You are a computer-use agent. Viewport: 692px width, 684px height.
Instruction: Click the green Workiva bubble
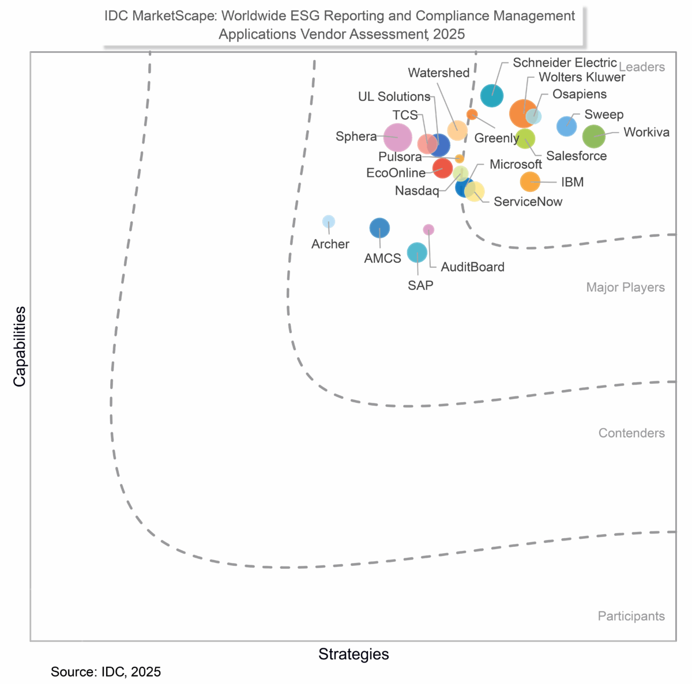pyautogui.click(x=593, y=137)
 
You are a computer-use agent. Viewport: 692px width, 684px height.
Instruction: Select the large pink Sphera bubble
pyautogui.click(x=397, y=138)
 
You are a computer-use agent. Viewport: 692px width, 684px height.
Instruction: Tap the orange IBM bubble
pyautogui.click(x=530, y=182)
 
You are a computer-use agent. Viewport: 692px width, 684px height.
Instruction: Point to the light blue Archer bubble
pyautogui.click(x=328, y=221)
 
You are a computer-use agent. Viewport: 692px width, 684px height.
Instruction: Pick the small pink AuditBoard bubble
pyautogui.click(x=428, y=229)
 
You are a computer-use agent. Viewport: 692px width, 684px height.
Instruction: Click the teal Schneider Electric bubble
pyautogui.click(x=492, y=95)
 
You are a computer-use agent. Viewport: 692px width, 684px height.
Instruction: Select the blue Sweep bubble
pyautogui.click(x=567, y=126)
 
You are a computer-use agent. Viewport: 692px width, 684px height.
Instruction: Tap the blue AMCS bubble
pyautogui.click(x=379, y=228)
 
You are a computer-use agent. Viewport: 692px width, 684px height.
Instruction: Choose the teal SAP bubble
pyautogui.click(x=417, y=252)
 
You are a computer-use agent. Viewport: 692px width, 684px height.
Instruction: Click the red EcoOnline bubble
pyautogui.click(x=442, y=168)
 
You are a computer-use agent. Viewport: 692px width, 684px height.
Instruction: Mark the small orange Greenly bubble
pyautogui.click(x=472, y=114)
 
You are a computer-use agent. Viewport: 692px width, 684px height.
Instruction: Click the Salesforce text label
pyautogui.click(x=576, y=156)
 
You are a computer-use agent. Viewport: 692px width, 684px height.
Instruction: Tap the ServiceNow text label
pyautogui.click(x=528, y=202)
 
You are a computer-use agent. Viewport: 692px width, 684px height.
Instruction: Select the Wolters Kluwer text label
pyautogui.click(x=582, y=77)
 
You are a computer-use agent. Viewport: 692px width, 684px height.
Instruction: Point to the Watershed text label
pyautogui.click(x=438, y=73)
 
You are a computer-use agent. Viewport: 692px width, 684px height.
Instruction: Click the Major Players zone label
pyautogui.click(x=625, y=287)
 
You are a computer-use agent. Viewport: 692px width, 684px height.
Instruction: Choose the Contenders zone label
pyautogui.click(x=631, y=433)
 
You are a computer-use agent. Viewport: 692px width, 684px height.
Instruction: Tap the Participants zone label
pyautogui.click(x=631, y=616)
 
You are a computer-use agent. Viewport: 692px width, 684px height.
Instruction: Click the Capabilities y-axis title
pyautogui.click(x=20, y=346)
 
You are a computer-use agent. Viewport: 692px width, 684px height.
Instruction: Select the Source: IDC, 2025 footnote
pyautogui.click(x=106, y=671)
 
